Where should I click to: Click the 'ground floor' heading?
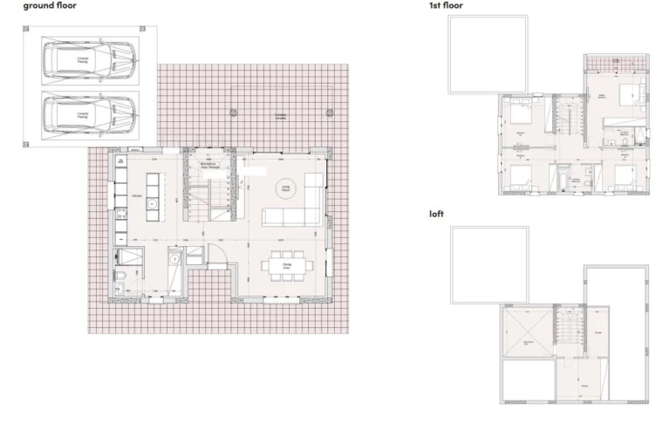(x=50, y=5)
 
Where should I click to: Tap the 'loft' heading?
(x=436, y=214)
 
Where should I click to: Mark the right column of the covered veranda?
(x=329, y=113)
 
